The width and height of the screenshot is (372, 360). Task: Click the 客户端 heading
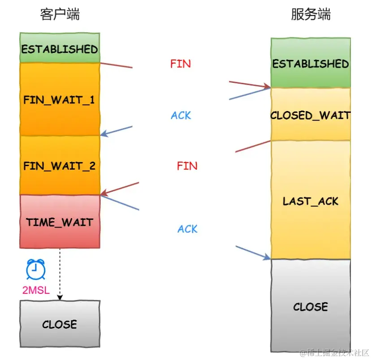pos(60,14)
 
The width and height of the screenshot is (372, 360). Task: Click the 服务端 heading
pos(311,14)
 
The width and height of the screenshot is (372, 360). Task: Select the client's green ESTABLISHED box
pos(60,48)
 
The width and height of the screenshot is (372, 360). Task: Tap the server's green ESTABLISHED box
pos(311,63)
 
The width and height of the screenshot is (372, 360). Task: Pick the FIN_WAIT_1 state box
pos(60,99)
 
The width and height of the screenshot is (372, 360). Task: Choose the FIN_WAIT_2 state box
pos(60,166)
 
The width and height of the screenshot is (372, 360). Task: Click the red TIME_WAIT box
pos(60,222)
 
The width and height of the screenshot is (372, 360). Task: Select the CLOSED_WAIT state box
pos(311,115)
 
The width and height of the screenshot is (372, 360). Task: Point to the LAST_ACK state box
pos(311,201)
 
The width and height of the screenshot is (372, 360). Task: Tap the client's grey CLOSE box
pos(60,324)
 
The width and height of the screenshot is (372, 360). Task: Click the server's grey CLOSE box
pos(311,306)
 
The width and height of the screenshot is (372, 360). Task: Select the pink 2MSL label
pos(36,290)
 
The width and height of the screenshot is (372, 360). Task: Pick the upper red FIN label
pos(180,64)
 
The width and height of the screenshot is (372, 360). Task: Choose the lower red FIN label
pos(187,166)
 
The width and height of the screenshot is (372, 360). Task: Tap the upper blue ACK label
pos(181,116)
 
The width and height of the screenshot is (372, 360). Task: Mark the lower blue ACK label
pos(187,229)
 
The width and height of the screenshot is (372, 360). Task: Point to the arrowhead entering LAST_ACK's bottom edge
pos(268,257)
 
